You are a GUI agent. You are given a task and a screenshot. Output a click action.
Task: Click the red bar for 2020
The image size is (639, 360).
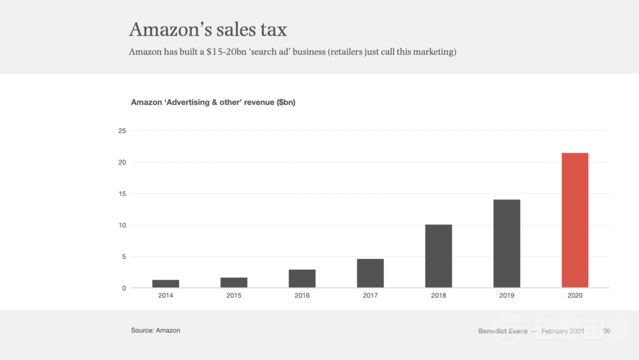tap(574, 221)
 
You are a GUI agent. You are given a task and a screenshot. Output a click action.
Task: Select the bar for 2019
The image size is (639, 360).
tap(507, 244)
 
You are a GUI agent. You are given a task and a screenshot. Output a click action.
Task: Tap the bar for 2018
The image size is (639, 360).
tap(438, 256)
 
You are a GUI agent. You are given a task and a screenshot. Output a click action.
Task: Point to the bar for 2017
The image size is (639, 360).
tap(370, 273)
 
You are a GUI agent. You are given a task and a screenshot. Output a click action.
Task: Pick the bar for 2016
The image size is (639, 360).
tap(302, 279)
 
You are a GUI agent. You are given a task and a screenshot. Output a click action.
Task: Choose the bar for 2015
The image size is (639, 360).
tap(234, 283)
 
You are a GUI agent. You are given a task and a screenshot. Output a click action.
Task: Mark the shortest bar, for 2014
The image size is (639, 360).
tap(166, 284)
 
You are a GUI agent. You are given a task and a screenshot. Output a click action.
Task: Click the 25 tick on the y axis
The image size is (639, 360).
tap(122, 131)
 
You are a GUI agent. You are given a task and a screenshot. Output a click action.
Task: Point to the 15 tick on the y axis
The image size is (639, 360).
tap(122, 194)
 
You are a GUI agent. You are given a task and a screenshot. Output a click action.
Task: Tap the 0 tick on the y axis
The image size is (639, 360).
tap(124, 288)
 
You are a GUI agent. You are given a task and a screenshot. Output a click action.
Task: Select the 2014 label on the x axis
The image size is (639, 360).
tap(166, 296)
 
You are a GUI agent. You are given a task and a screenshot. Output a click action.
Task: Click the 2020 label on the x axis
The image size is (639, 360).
tap(574, 296)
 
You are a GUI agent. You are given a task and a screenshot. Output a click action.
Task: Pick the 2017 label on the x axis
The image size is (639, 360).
tap(370, 296)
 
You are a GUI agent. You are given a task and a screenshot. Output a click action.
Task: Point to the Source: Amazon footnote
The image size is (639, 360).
tap(155, 331)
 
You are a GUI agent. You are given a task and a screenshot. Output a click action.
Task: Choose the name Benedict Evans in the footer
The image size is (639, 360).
tap(503, 331)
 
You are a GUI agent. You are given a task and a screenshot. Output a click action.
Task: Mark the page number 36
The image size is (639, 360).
tap(606, 331)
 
